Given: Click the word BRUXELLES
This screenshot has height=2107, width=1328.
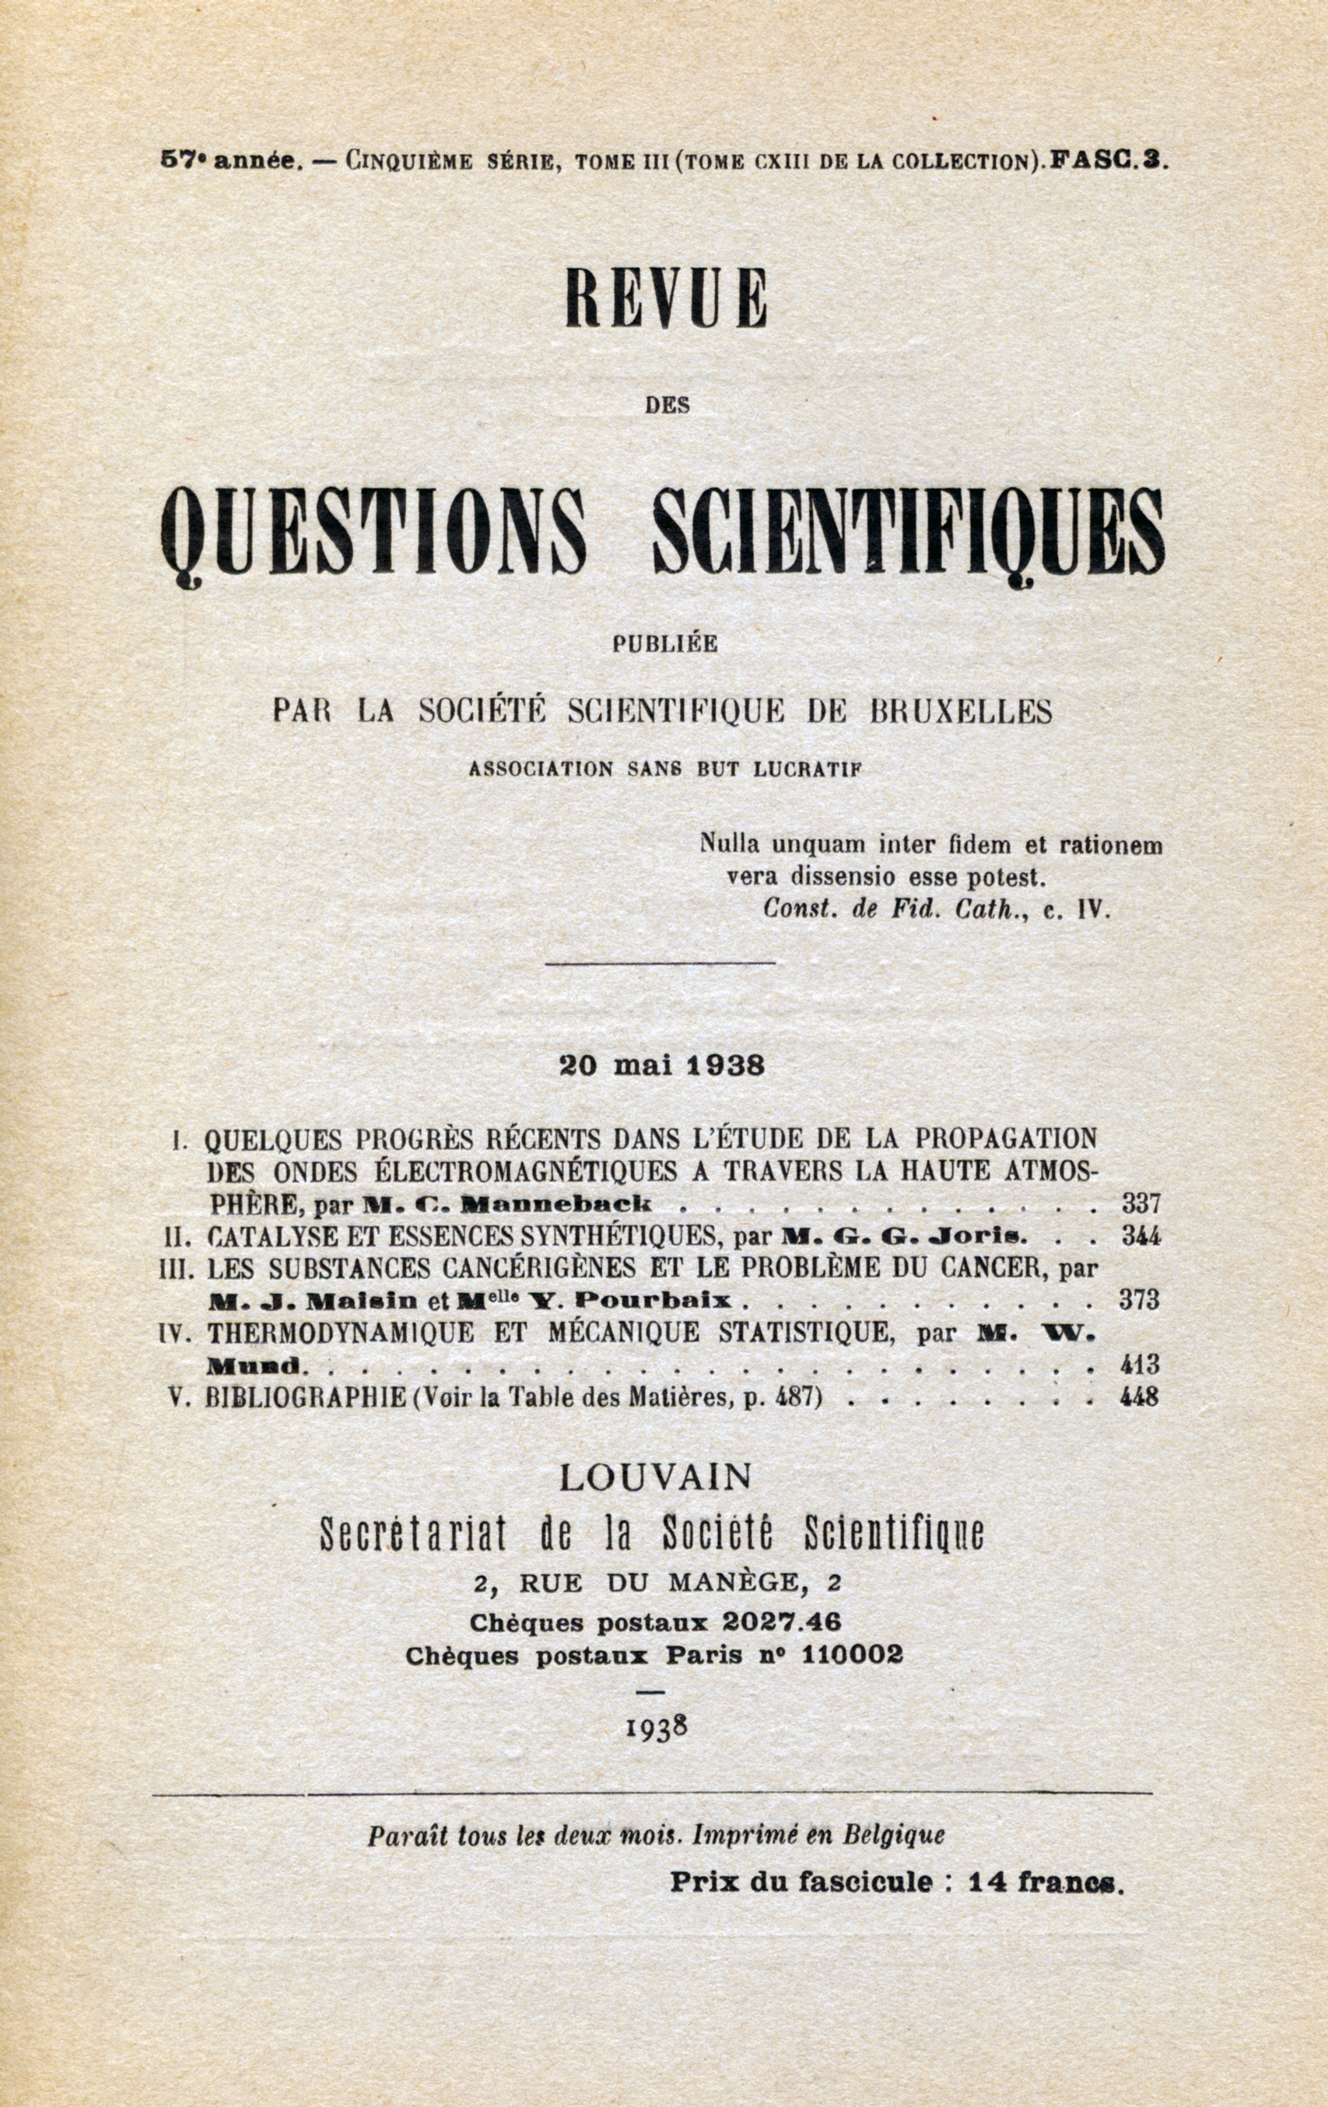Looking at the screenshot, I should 960,711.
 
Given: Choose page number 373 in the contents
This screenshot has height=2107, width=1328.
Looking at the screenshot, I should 1139,1299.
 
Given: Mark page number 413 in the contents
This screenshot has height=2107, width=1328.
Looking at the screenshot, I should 1139,1363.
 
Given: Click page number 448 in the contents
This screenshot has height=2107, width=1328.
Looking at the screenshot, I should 1139,1397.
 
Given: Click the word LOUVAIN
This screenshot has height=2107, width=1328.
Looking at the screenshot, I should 655,1478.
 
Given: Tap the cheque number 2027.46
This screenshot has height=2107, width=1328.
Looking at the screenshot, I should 781,1622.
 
